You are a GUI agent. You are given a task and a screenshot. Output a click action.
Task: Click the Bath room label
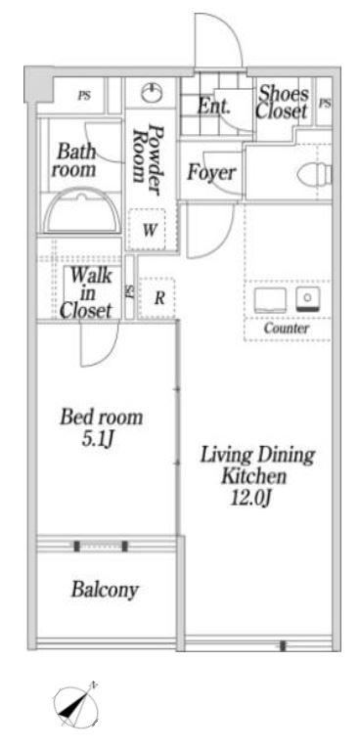(75, 160)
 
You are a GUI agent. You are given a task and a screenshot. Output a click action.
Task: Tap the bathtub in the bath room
(82, 211)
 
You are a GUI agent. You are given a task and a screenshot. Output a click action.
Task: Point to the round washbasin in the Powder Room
(150, 94)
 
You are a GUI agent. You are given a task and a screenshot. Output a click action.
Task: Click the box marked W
(150, 232)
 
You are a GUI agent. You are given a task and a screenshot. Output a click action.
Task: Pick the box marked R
(157, 298)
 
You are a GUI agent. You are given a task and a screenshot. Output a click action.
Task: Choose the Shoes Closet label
(283, 103)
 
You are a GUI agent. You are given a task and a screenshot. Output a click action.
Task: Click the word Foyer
(210, 174)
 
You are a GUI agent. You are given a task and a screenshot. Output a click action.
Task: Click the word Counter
(286, 329)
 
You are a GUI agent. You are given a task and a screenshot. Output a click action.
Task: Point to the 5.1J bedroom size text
(101, 439)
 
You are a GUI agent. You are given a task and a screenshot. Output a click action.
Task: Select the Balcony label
(105, 591)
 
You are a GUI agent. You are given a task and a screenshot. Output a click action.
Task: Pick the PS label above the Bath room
(84, 96)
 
